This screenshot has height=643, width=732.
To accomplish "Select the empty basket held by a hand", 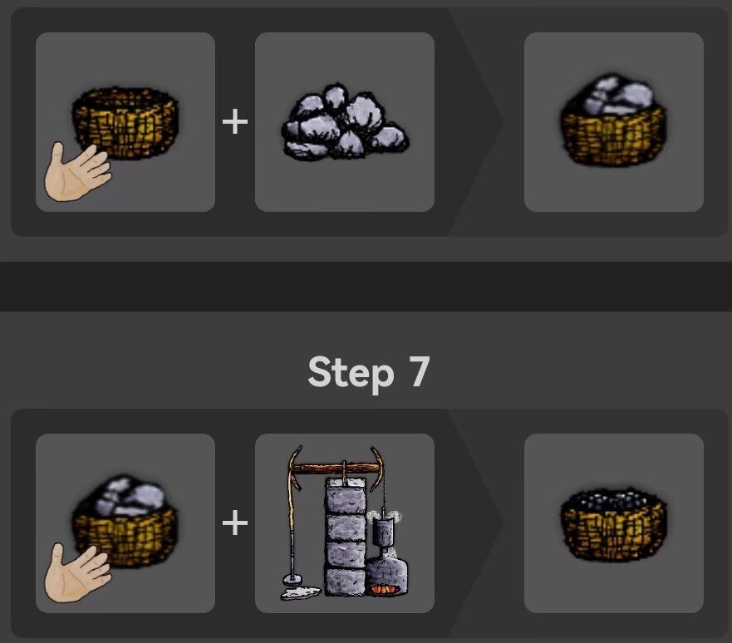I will coord(127,122).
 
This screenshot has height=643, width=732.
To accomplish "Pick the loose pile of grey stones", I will coord(344,122).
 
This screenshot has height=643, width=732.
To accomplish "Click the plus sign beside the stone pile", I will coord(235,122).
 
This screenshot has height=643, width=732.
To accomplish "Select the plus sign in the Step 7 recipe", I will coord(235,523).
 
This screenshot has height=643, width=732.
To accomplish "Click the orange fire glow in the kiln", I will coord(386,590).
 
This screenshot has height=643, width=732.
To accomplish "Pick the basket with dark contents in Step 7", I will coord(613,524).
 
